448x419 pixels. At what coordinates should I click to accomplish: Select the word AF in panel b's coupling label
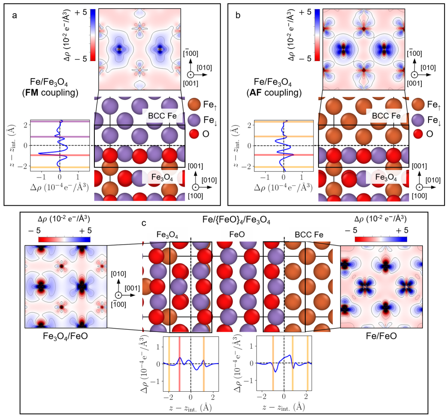[255, 92]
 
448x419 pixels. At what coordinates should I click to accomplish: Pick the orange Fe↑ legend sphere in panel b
[418, 104]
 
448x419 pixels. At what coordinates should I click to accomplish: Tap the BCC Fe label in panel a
[162, 116]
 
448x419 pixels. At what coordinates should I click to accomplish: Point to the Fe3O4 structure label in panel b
[386, 177]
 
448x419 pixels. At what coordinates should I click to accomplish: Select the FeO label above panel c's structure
[237, 235]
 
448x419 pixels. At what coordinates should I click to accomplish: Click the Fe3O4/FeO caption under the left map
[66, 336]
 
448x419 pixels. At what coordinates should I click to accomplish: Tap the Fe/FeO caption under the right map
[381, 336]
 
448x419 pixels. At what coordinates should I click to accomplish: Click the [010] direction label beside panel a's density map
[205, 67]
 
